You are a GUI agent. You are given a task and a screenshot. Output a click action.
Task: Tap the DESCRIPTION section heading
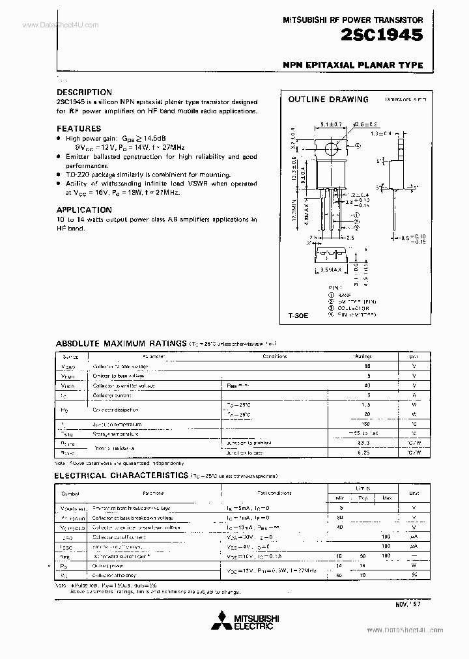coord(84,92)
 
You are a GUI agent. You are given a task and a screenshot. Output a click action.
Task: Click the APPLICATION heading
coord(84,210)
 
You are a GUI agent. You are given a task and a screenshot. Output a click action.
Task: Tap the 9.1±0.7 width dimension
coord(332,123)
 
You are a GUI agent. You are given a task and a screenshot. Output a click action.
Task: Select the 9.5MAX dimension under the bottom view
coord(332,268)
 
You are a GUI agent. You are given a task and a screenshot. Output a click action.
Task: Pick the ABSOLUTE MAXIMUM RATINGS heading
coord(121,343)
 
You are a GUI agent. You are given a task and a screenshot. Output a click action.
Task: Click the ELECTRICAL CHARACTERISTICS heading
coord(122,476)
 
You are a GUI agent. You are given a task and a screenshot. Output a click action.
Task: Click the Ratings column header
coord(362,357)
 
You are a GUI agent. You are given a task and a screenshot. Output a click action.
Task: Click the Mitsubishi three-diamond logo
coord(231,620)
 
